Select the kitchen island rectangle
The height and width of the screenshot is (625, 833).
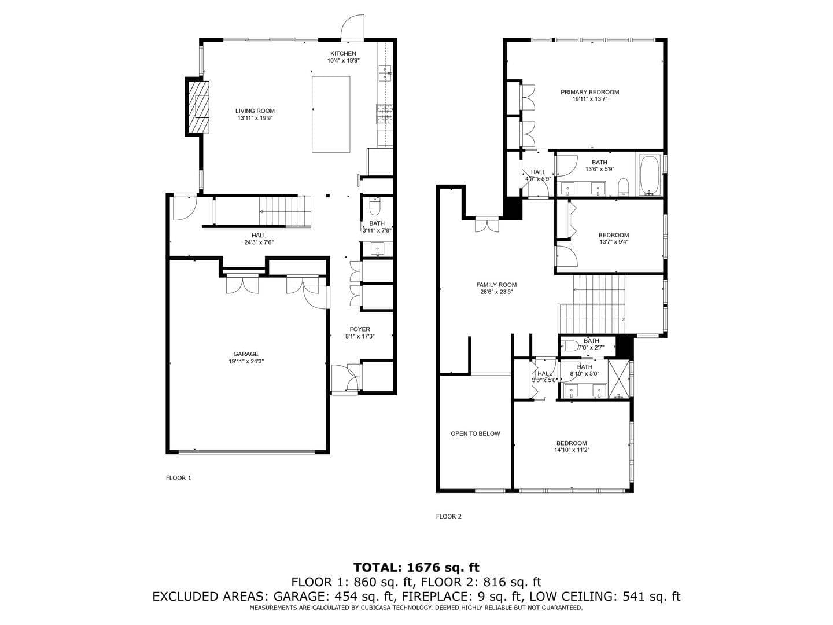331,114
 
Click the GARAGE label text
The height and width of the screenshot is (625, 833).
246,354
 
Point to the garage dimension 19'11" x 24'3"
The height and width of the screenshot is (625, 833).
246,361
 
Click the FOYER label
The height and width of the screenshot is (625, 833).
360,329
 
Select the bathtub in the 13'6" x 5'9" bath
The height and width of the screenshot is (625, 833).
650,174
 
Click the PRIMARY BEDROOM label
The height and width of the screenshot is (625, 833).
589,92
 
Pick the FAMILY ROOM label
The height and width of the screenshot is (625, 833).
496,285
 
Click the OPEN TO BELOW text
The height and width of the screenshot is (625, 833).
475,433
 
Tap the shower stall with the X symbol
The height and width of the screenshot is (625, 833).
618,379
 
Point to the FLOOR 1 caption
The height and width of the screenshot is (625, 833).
178,478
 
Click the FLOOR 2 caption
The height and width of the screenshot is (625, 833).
448,517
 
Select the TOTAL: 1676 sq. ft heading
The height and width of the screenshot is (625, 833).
416,567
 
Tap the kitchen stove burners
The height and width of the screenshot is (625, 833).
384,114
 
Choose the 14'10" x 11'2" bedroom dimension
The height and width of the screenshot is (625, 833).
572,450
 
